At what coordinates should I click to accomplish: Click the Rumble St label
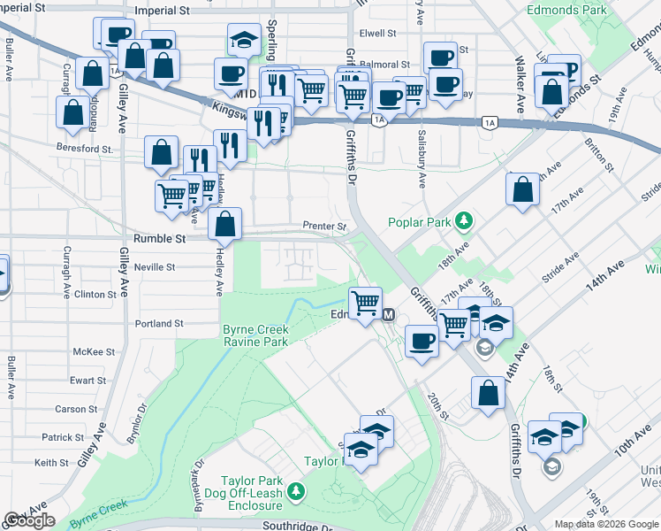159,239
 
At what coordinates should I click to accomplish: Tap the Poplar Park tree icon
462,220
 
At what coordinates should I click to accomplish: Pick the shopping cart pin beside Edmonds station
365,304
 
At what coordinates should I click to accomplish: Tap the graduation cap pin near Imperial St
243,40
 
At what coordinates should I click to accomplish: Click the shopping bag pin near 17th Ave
522,189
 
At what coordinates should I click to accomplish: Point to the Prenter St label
324,227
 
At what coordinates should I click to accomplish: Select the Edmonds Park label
566,11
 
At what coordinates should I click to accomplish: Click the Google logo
29,520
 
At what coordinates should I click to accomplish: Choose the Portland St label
159,324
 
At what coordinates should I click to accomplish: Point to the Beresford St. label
85,150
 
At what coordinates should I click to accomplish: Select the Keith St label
51,463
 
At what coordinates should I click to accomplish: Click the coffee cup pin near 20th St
422,341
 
